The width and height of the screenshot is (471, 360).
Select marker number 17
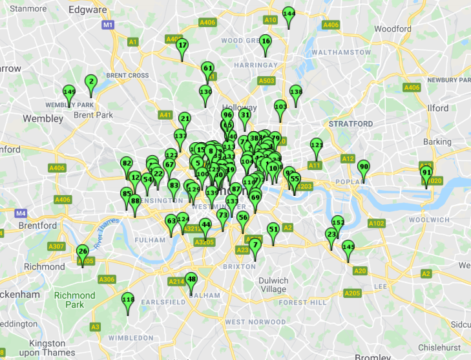point(182,46)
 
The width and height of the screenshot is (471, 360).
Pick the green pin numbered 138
point(296,92)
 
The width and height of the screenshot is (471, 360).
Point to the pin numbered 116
point(128,300)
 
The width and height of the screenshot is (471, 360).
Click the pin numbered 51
point(273,229)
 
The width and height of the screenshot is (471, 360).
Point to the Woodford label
point(392,29)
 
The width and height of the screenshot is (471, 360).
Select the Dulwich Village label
point(273,285)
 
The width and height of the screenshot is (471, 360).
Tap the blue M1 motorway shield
point(108,25)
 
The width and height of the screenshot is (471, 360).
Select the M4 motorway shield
point(21,213)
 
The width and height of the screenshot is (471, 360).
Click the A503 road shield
point(267,81)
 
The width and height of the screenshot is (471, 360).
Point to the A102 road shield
point(376,224)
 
